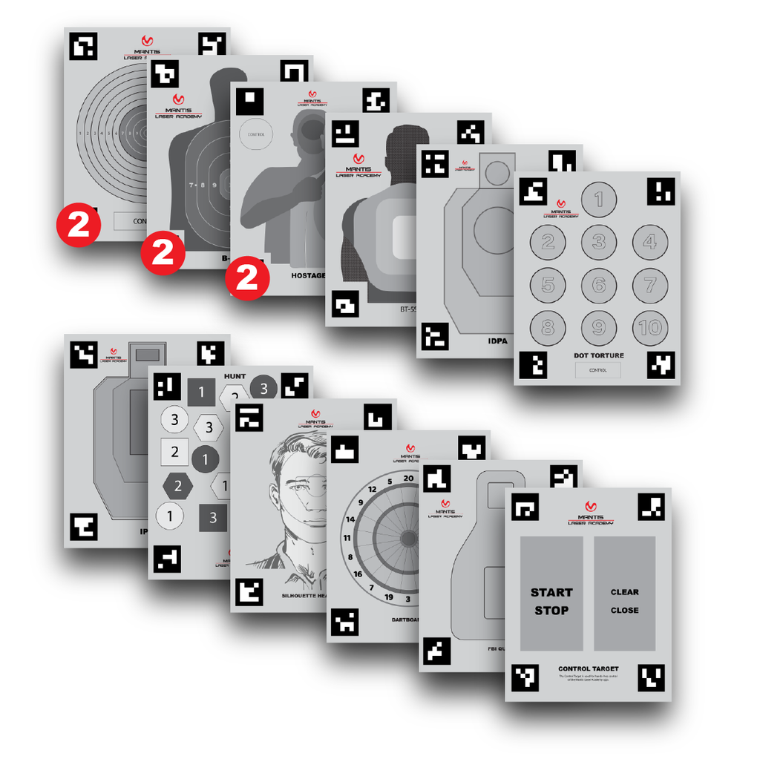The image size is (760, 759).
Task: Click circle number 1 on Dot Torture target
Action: pos(599,198)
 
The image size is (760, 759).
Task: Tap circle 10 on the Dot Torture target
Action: pos(650,327)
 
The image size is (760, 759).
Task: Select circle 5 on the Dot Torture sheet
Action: pos(548,285)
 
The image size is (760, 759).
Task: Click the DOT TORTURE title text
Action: pos(598,355)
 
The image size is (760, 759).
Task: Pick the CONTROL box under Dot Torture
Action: pos(597,369)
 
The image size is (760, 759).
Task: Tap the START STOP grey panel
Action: pos(551,594)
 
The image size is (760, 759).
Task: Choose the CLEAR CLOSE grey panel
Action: pos(624,594)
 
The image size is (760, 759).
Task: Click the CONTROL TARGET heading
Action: pos(588,668)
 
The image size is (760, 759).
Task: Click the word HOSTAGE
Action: pos(309,275)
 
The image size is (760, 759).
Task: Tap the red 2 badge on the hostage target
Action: pos(246,279)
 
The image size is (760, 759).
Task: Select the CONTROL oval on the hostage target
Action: pos(255,134)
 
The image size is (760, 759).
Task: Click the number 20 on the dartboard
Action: pos(408,479)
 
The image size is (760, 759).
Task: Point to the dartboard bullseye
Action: pos(408,537)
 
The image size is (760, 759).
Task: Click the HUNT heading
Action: pos(235,376)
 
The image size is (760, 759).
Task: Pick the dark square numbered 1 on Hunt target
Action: pos(201,392)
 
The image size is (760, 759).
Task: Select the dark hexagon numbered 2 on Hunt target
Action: pos(178,487)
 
